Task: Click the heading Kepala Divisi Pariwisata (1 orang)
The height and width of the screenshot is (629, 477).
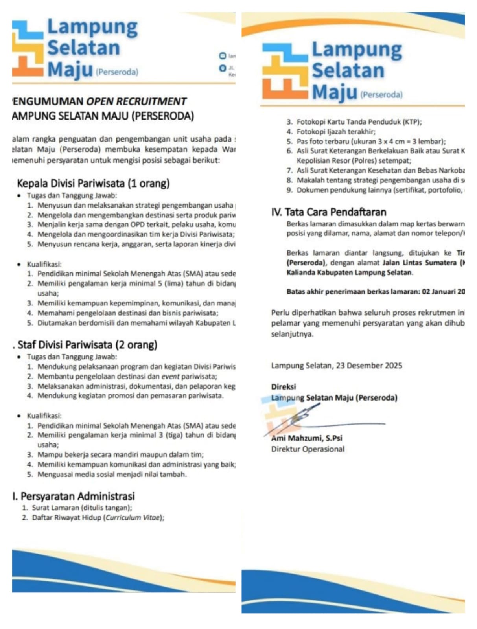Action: click(93, 183)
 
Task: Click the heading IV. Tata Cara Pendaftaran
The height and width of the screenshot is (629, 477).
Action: click(329, 212)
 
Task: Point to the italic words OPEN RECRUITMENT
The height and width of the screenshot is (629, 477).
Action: click(136, 101)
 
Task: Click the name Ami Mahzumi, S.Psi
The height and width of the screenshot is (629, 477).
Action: click(307, 438)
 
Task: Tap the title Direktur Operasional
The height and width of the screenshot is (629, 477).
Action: click(308, 449)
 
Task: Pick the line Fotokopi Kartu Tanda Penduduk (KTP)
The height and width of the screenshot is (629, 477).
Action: click(359, 122)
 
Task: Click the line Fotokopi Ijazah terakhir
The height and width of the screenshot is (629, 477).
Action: click(336, 132)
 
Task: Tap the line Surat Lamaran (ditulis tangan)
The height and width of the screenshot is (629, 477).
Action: click(82, 508)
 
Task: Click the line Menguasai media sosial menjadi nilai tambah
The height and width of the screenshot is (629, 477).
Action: click(112, 474)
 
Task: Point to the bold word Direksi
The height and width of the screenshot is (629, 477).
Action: click(283, 387)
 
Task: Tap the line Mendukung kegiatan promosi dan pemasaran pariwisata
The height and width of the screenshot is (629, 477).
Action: click(130, 395)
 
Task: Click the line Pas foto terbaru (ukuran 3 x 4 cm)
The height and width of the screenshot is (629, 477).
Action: click(371, 142)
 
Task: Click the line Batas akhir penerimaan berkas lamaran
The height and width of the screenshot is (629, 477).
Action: click(376, 292)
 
